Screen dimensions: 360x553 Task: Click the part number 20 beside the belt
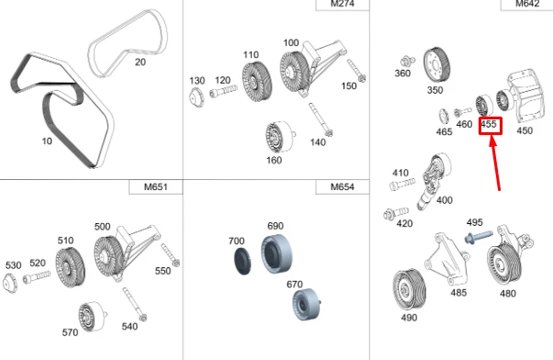(140, 62)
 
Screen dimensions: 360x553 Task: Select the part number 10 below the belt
(46, 141)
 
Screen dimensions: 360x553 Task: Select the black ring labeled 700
(241, 260)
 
